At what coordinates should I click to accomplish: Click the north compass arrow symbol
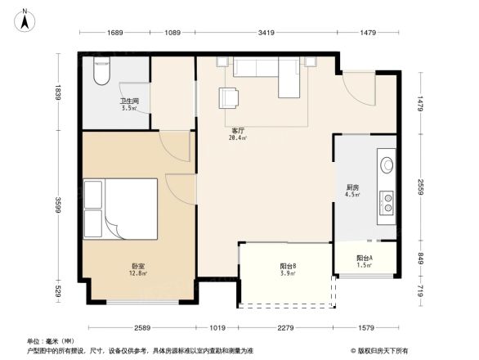[26, 20]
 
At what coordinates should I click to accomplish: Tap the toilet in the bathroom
[101, 73]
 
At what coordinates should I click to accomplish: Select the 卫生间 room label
[130, 102]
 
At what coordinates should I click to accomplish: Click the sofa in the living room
[266, 77]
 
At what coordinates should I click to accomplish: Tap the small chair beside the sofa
[230, 97]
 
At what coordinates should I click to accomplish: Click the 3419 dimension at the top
[266, 33]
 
